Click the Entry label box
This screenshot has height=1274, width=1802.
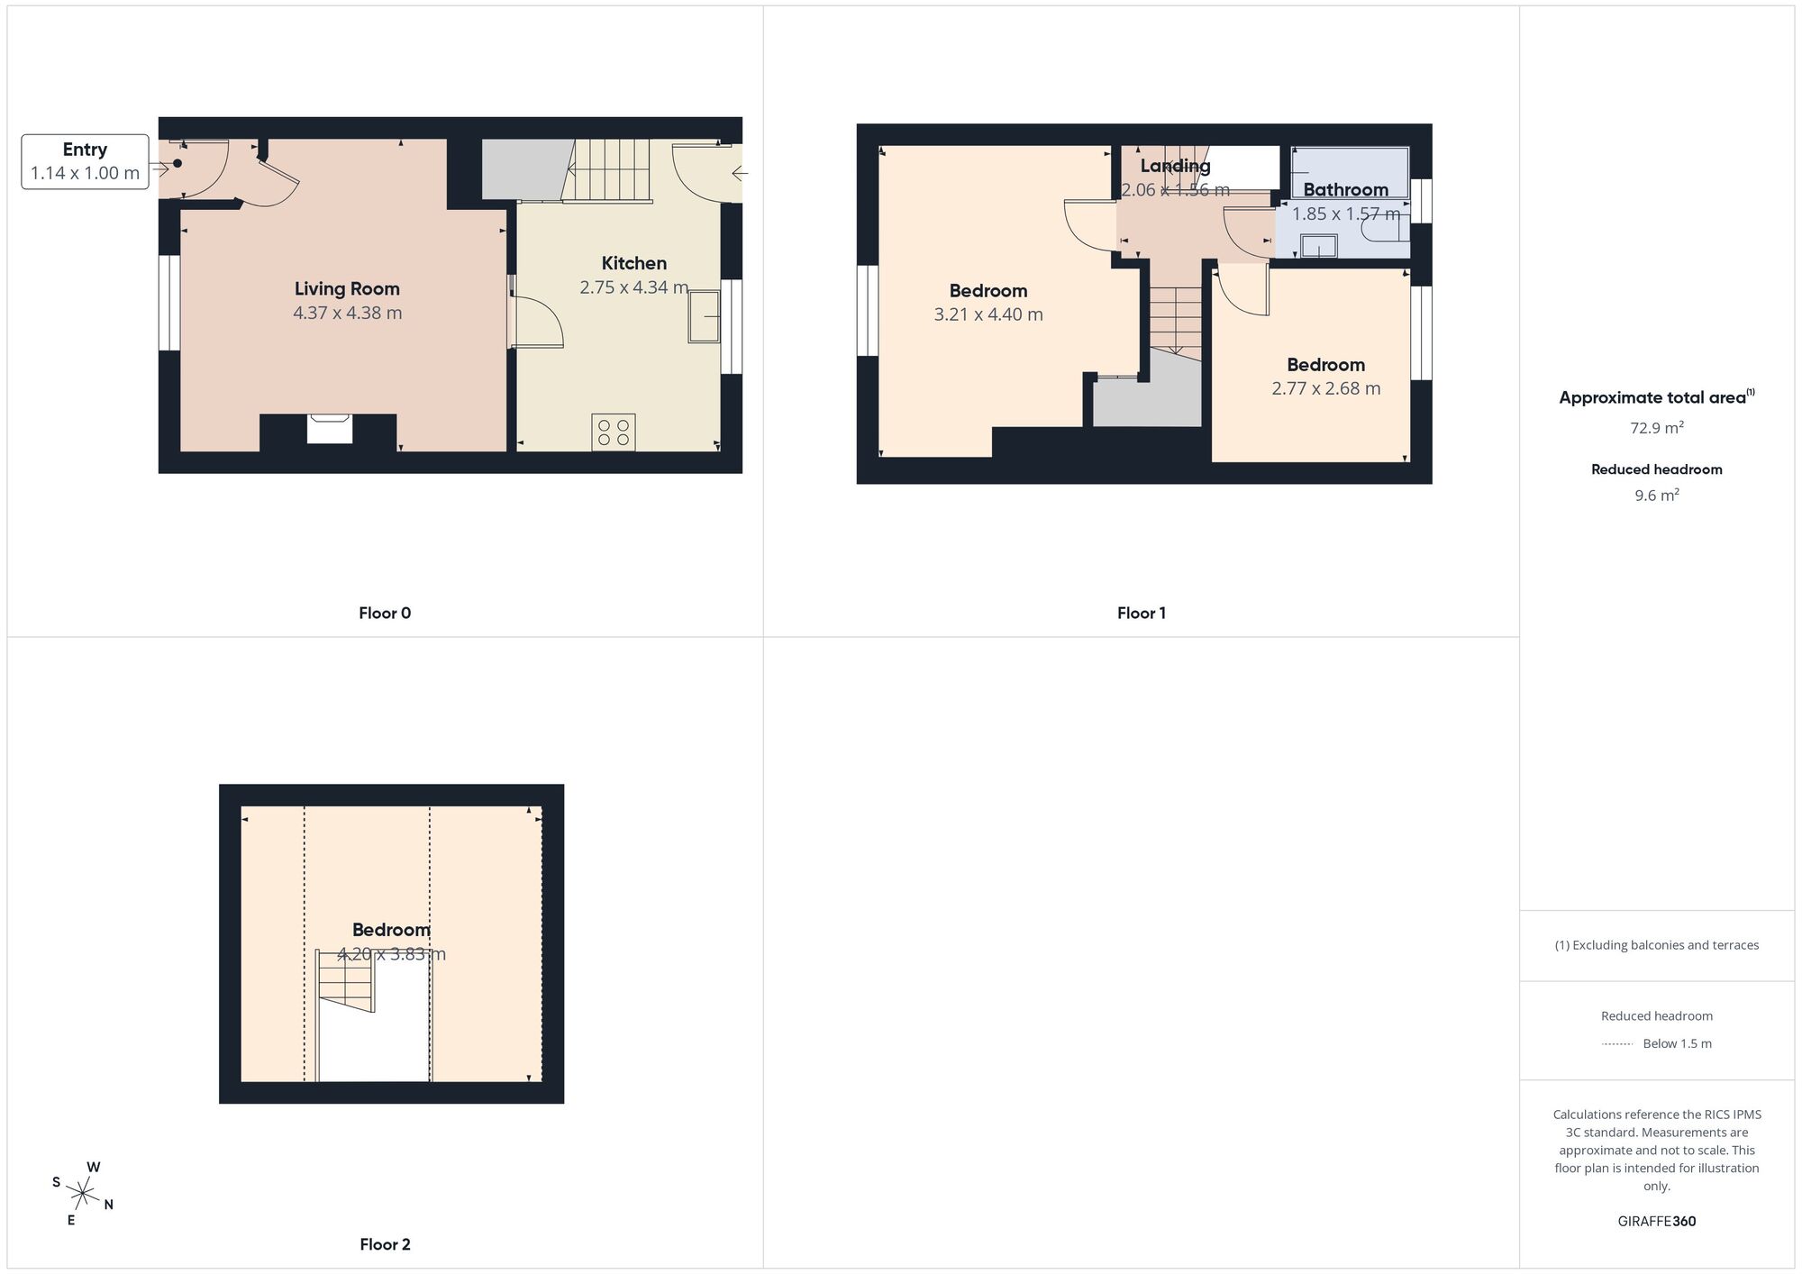(x=85, y=162)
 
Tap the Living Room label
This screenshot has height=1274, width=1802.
(x=347, y=289)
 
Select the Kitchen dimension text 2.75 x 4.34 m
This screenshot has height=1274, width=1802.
(x=634, y=287)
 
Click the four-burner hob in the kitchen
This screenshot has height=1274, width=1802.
(x=614, y=432)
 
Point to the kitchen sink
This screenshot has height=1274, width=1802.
(x=704, y=316)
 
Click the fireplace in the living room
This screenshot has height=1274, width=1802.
(x=329, y=428)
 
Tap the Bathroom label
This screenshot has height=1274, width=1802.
(x=1345, y=190)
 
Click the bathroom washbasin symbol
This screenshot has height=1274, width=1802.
(x=1319, y=245)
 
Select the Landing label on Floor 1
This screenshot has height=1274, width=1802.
(x=1175, y=166)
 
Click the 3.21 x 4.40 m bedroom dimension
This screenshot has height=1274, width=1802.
(x=988, y=314)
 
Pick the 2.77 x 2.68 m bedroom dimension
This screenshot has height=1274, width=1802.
(x=1325, y=388)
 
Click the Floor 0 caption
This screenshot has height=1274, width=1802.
(x=385, y=614)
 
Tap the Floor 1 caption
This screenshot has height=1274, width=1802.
(x=1142, y=614)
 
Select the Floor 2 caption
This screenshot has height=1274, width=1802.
(x=385, y=1244)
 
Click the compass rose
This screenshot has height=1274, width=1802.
(x=83, y=1195)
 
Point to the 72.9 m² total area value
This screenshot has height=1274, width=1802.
(x=1657, y=428)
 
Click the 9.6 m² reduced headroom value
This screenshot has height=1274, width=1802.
(x=1657, y=496)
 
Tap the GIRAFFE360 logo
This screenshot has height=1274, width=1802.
(x=1657, y=1222)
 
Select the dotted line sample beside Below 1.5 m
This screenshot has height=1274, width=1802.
(x=1617, y=1044)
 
